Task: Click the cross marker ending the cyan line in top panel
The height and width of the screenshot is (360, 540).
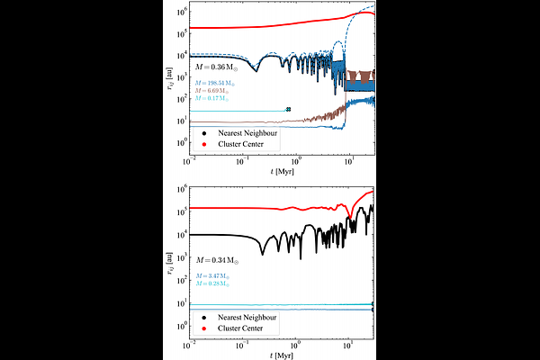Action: point(288,110)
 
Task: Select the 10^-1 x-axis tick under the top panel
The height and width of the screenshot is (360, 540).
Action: point(242,159)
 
